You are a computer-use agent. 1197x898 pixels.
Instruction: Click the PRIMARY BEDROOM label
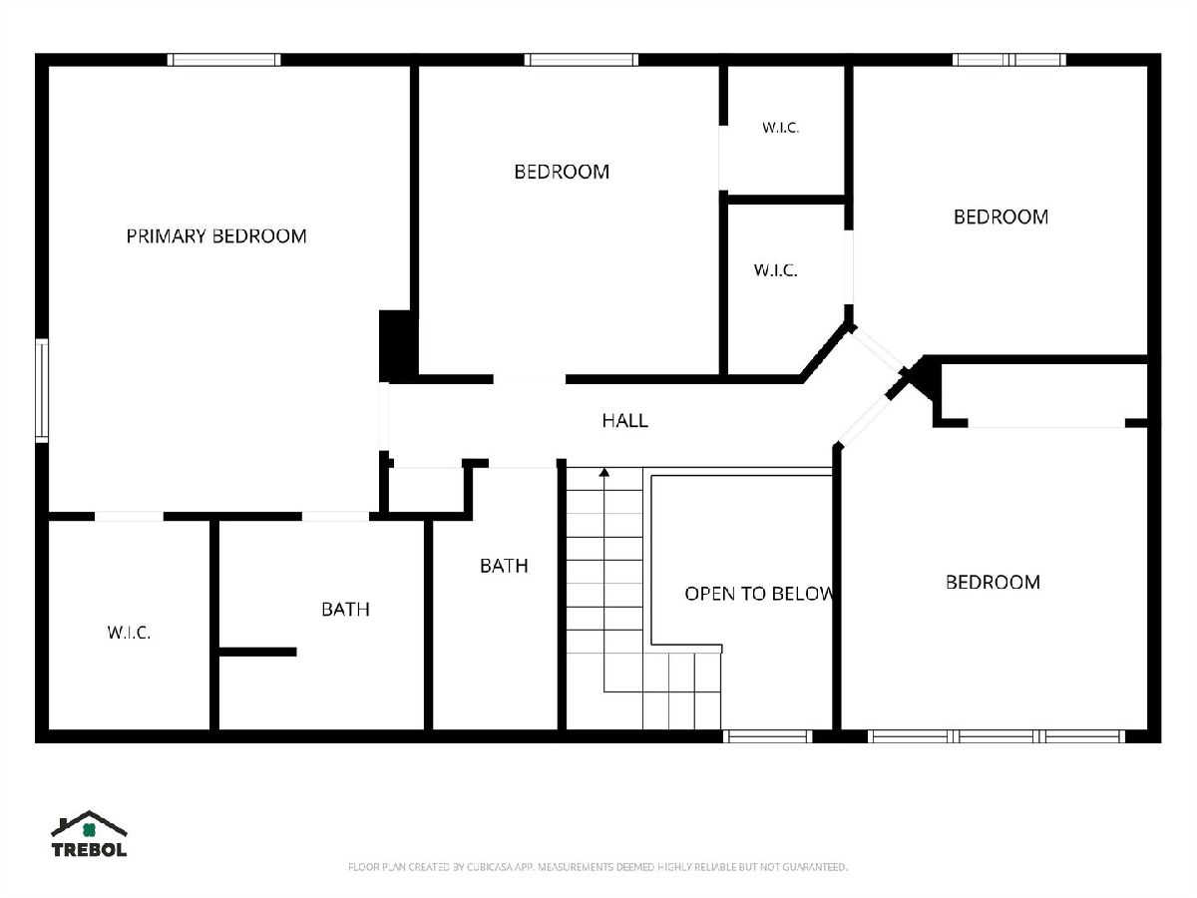(x=216, y=236)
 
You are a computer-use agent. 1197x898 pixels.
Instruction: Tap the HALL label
(x=625, y=420)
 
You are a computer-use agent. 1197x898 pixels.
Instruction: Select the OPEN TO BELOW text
(x=758, y=594)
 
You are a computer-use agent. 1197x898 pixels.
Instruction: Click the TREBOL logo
(x=89, y=834)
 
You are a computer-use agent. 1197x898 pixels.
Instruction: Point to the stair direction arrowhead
(x=603, y=472)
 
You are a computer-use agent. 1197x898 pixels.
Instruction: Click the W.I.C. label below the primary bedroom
(x=129, y=633)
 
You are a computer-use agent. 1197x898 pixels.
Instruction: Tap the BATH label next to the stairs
(x=504, y=566)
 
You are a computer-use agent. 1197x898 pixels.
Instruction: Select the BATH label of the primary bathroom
(x=345, y=609)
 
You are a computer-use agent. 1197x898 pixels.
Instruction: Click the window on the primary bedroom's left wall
(x=42, y=390)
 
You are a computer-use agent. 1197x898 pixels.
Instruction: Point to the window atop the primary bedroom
(x=223, y=60)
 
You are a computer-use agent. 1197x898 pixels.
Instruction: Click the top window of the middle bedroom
(x=582, y=60)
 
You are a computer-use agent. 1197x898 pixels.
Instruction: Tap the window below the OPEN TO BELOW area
(x=768, y=736)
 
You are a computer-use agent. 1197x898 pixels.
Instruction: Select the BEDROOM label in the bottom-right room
(x=994, y=583)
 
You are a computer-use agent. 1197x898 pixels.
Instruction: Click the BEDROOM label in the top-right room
(x=1000, y=217)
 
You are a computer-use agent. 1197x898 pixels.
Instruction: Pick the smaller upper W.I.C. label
(x=780, y=128)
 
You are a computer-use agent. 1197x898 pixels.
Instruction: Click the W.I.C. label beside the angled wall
(x=775, y=269)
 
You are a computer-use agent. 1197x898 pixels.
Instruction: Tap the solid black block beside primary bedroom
(x=399, y=345)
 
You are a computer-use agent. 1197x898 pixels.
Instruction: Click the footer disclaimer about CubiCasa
(x=598, y=867)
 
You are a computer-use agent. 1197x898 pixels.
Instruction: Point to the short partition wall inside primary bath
(x=257, y=652)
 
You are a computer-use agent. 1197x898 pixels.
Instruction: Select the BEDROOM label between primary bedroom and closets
(x=562, y=172)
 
